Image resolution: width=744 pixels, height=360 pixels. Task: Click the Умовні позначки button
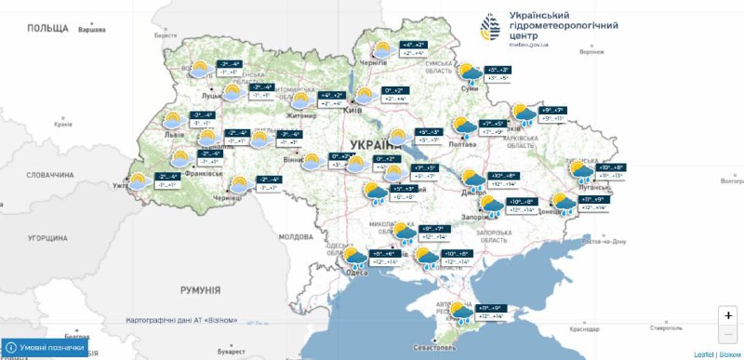point(46,348)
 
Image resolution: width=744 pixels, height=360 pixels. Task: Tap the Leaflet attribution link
point(703,354)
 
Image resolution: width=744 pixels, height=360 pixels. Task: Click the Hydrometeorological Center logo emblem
point(490,26)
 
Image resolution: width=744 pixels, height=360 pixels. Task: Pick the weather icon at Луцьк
point(198,70)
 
